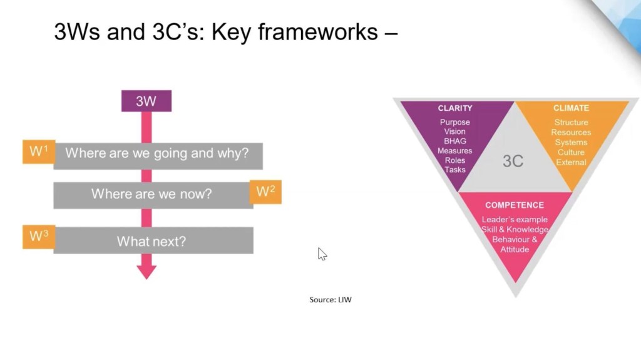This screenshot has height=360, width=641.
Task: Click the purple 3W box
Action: click(x=146, y=101)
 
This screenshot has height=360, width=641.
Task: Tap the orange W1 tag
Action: click(x=38, y=152)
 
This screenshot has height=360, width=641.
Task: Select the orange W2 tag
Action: click(x=265, y=192)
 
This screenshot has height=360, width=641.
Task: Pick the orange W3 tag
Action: click(x=38, y=237)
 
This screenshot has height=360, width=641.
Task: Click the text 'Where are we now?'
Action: click(x=151, y=194)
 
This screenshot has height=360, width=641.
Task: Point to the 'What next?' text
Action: click(x=151, y=241)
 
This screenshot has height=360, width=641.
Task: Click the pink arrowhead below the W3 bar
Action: click(x=146, y=270)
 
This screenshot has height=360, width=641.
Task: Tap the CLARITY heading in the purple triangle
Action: click(x=455, y=108)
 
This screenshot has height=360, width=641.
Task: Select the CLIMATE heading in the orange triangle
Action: click(x=571, y=108)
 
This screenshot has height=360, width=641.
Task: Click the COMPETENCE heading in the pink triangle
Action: click(x=515, y=205)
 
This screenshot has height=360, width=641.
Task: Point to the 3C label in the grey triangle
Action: click(x=513, y=161)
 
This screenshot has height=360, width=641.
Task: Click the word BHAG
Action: click(x=455, y=141)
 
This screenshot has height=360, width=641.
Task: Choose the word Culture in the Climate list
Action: click(x=571, y=152)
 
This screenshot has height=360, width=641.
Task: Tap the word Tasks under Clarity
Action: click(x=455, y=170)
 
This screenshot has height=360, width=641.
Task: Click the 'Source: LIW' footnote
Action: click(x=331, y=300)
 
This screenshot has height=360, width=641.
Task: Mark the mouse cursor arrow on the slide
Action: click(x=322, y=253)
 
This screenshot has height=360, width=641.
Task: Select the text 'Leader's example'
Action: click(x=515, y=219)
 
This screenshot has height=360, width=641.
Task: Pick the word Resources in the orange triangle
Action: click(x=571, y=132)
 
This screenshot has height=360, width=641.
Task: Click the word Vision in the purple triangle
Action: click(x=455, y=131)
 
